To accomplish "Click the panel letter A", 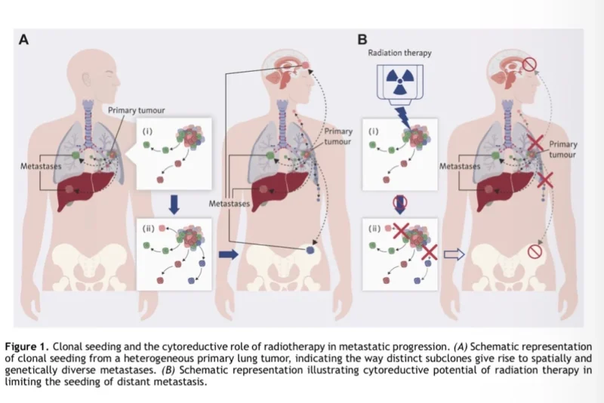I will [23, 40].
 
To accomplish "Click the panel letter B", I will [363, 40].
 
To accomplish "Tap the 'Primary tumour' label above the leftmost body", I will [136, 110].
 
